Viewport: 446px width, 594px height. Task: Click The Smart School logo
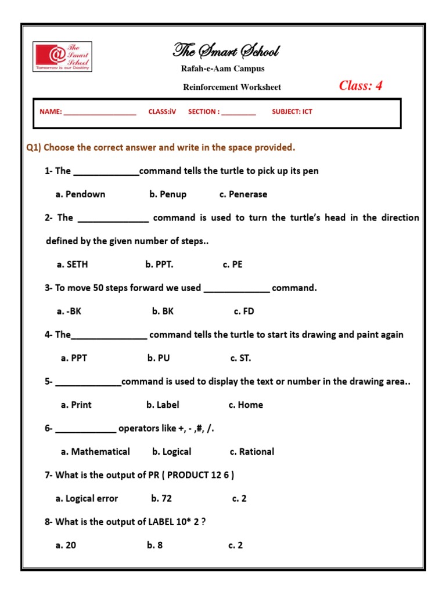(x=62, y=56)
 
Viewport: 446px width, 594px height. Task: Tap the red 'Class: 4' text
(x=361, y=86)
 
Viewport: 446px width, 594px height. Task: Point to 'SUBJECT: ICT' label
(x=292, y=111)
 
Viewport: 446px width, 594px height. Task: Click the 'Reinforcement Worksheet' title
(x=232, y=87)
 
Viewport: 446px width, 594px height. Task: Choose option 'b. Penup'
(x=168, y=194)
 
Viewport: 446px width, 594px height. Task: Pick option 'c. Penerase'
(x=243, y=194)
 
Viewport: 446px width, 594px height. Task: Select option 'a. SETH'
(x=73, y=265)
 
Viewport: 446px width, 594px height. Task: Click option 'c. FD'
(x=244, y=312)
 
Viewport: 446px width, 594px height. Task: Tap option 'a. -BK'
(x=69, y=312)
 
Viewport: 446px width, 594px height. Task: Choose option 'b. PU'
(x=159, y=358)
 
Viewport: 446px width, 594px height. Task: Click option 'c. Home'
(x=246, y=405)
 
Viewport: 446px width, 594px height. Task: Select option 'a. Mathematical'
(x=95, y=452)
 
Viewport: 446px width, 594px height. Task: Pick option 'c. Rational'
(x=252, y=452)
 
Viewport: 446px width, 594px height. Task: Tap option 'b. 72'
(x=161, y=498)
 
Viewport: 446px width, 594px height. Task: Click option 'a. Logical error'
(x=87, y=498)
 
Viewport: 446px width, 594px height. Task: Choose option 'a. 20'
(x=66, y=545)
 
